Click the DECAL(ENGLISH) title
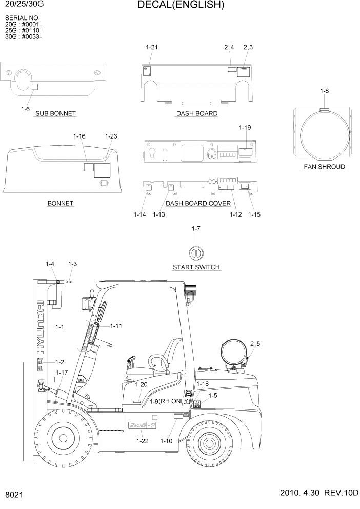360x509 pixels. tap(181, 6)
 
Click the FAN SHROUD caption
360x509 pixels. tap(324, 167)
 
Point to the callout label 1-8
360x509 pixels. tap(324, 91)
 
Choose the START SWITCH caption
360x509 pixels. tap(196, 267)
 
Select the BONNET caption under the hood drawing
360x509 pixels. tap(61, 203)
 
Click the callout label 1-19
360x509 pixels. tap(245, 127)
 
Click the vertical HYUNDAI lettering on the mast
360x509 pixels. tap(40, 328)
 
